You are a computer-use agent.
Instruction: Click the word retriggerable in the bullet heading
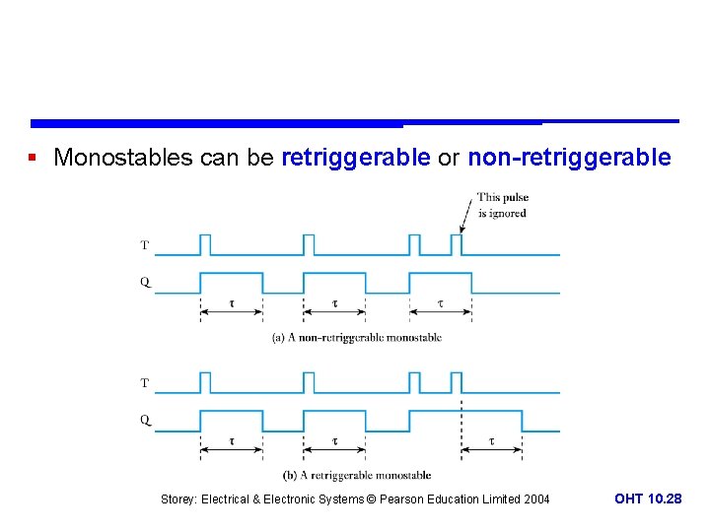(x=356, y=158)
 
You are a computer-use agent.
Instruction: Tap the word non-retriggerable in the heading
(x=569, y=158)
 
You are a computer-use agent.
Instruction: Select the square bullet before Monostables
(x=34, y=158)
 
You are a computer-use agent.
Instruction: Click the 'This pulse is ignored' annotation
(x=502, y=205)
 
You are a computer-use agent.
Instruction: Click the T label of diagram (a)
(x=145, y=244)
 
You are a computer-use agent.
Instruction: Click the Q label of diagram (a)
(x=145, y=282)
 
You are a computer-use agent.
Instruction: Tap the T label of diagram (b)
(x=145, y=382)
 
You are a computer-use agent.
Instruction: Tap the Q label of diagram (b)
(x=145, y=420)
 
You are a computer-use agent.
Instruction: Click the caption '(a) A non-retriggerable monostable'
(x=356, y=338)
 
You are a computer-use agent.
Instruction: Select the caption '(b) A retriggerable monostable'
(x=356, y=475)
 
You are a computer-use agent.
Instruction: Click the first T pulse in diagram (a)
(x=205, y=243)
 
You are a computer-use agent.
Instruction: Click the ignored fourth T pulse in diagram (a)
(x=457, y=243)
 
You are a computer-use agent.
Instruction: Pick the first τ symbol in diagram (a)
(x=232, y=303)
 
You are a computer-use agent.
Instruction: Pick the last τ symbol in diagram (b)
(x=491, y=440)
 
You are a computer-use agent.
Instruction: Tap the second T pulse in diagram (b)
(x=309, y=381)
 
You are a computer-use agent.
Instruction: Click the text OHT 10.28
(x=648, y=499)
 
